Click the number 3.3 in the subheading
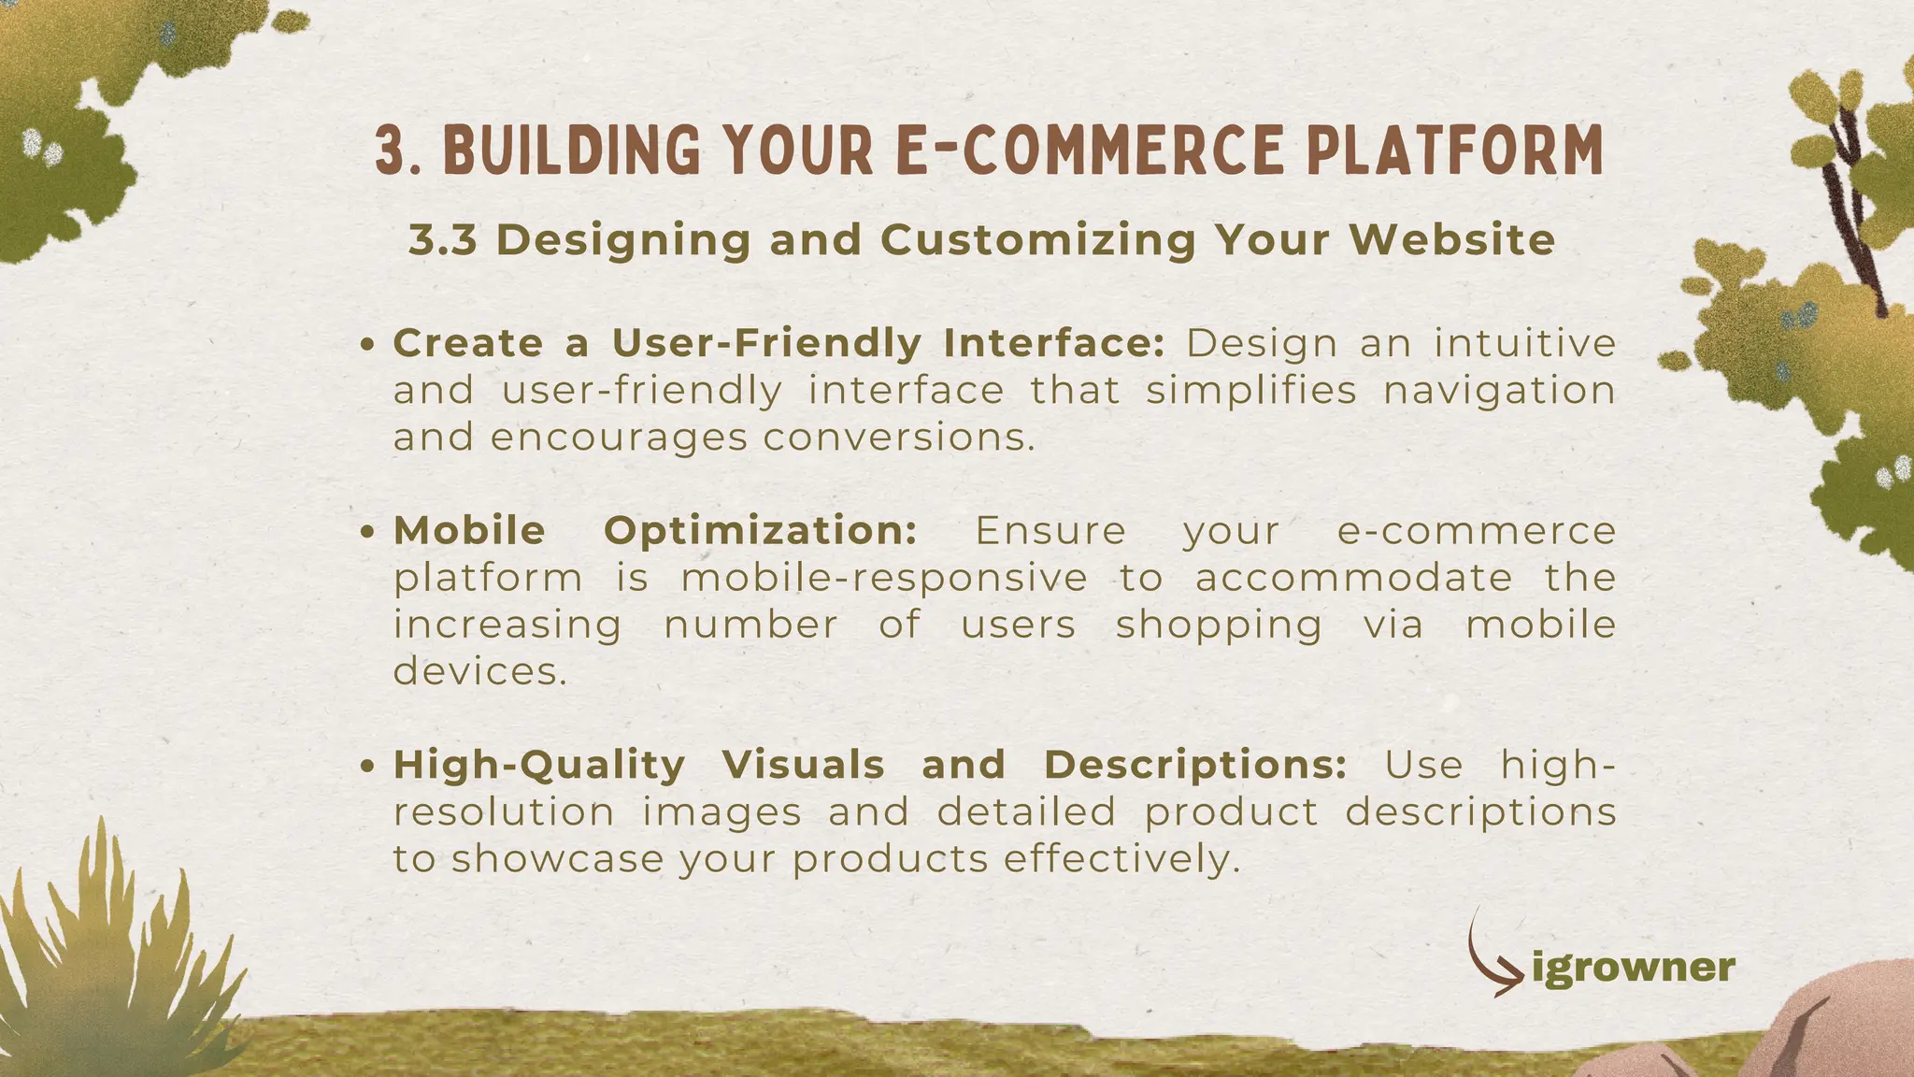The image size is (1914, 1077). tap(443, 240)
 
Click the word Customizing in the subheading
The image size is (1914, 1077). tap(1037, 240)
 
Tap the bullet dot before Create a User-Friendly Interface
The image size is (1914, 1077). tap(368, 345)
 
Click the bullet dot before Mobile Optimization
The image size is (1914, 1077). tap(368, 532)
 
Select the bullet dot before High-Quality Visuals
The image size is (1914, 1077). tap(368, 766)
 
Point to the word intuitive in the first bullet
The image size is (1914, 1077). tap(1525, 343)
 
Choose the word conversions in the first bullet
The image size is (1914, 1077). tap(899, 437)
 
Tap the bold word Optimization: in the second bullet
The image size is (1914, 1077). tap(761, 531)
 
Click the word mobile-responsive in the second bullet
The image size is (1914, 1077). tap(884, 578)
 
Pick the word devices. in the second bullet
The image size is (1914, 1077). tap(480, 670)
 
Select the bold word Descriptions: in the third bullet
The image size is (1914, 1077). tap(1195, 765)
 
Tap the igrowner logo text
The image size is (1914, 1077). tap(1634, 968)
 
